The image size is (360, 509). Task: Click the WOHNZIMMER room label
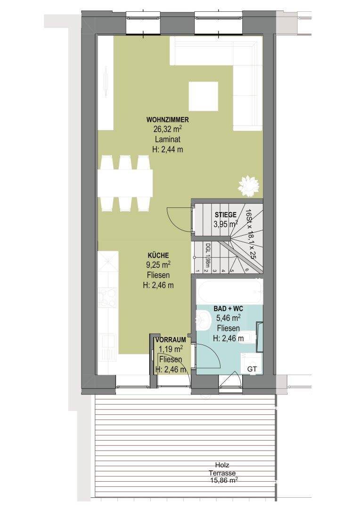click(167, 120)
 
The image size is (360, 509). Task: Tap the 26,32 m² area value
click(167, 129)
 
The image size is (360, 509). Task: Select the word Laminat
click(167, 140)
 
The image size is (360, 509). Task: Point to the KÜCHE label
click(158, 255)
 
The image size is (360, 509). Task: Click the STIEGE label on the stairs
click(226, 214)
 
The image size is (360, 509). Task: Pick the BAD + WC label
click(228, 309)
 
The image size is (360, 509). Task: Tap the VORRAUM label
click(171, 340)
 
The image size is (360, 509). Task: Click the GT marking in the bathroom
click(252, 369)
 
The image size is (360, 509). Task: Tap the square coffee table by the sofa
click(204, 96)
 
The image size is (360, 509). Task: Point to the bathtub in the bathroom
click(230, 292)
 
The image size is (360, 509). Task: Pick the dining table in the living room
click(125, 183)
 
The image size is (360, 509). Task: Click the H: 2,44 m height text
click(167, 150)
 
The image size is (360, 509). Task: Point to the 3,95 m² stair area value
click(226, 223)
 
